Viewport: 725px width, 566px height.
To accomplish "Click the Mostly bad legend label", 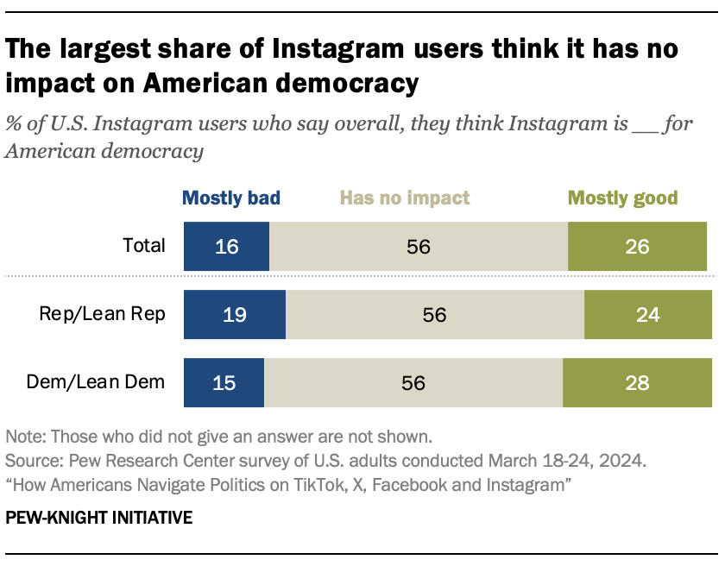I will pyautogui.click(x=230, y=198).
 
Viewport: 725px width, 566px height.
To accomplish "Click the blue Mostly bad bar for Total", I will pyautogui.click(x=226, y=246).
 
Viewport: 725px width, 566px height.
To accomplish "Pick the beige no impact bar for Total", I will pyautogui.click(x=419, y=246).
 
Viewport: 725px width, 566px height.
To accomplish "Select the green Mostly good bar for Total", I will pyautogui.click(x=640, y=246).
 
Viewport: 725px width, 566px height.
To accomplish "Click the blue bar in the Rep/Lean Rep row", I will pyautogui.click(x=234, y=314).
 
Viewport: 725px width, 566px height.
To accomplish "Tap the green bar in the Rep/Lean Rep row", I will pyautogui.click(x=648, y=314).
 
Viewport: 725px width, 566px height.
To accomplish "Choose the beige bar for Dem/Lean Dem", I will pyautogui.click(x=413, y=382).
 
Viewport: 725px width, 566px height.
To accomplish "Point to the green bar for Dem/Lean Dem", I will pyautogui.click(x=637, y=382).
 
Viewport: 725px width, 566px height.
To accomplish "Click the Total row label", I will pyautogui.click(x=143, y=245).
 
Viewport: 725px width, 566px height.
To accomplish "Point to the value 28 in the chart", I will pyautogui.click(x=637, y=383).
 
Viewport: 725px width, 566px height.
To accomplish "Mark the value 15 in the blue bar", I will pyautogui.click(x=224, y=383).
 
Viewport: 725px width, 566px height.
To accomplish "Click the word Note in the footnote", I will pyautogui.click(x=23, y=436).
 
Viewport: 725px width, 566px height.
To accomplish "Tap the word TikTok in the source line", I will pyautogui.click(x=325, y=486).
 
